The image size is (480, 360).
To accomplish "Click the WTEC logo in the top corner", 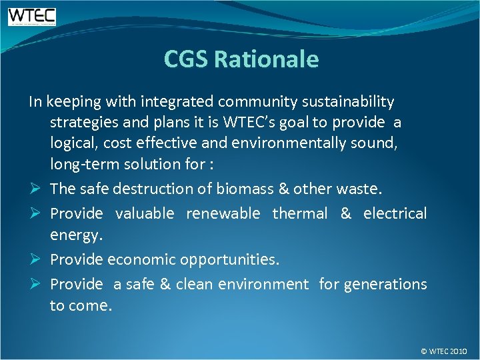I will [x=32, y=16].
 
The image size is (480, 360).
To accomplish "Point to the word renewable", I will [x=223, y=213].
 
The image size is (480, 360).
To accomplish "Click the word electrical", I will [x=395, y=213].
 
